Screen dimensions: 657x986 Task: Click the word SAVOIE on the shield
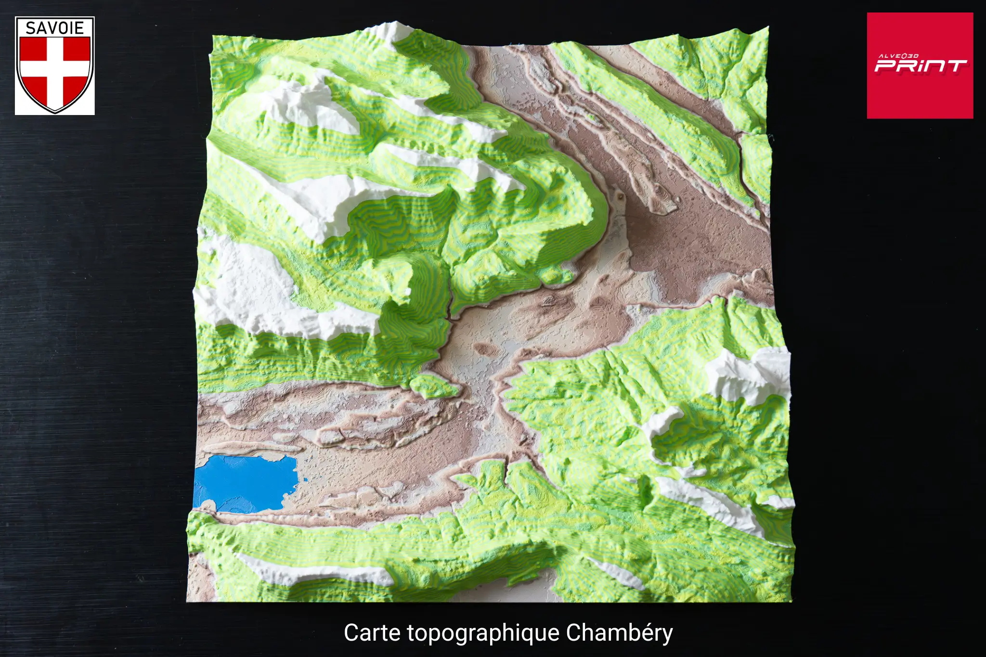tap(55, 28)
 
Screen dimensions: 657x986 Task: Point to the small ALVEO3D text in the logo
tap(898, 56)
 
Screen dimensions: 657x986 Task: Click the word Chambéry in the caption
tap(619, 633)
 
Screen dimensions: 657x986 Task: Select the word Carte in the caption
tap(372, 633)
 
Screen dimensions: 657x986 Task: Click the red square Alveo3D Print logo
tap(920, 65)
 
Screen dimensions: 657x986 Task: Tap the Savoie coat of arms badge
tap(55, 65)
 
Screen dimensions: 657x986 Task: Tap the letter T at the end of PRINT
tap(955, 66)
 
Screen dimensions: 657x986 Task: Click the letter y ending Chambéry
tap(667, 635)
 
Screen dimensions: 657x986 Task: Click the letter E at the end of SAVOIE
tap(79, 28)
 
